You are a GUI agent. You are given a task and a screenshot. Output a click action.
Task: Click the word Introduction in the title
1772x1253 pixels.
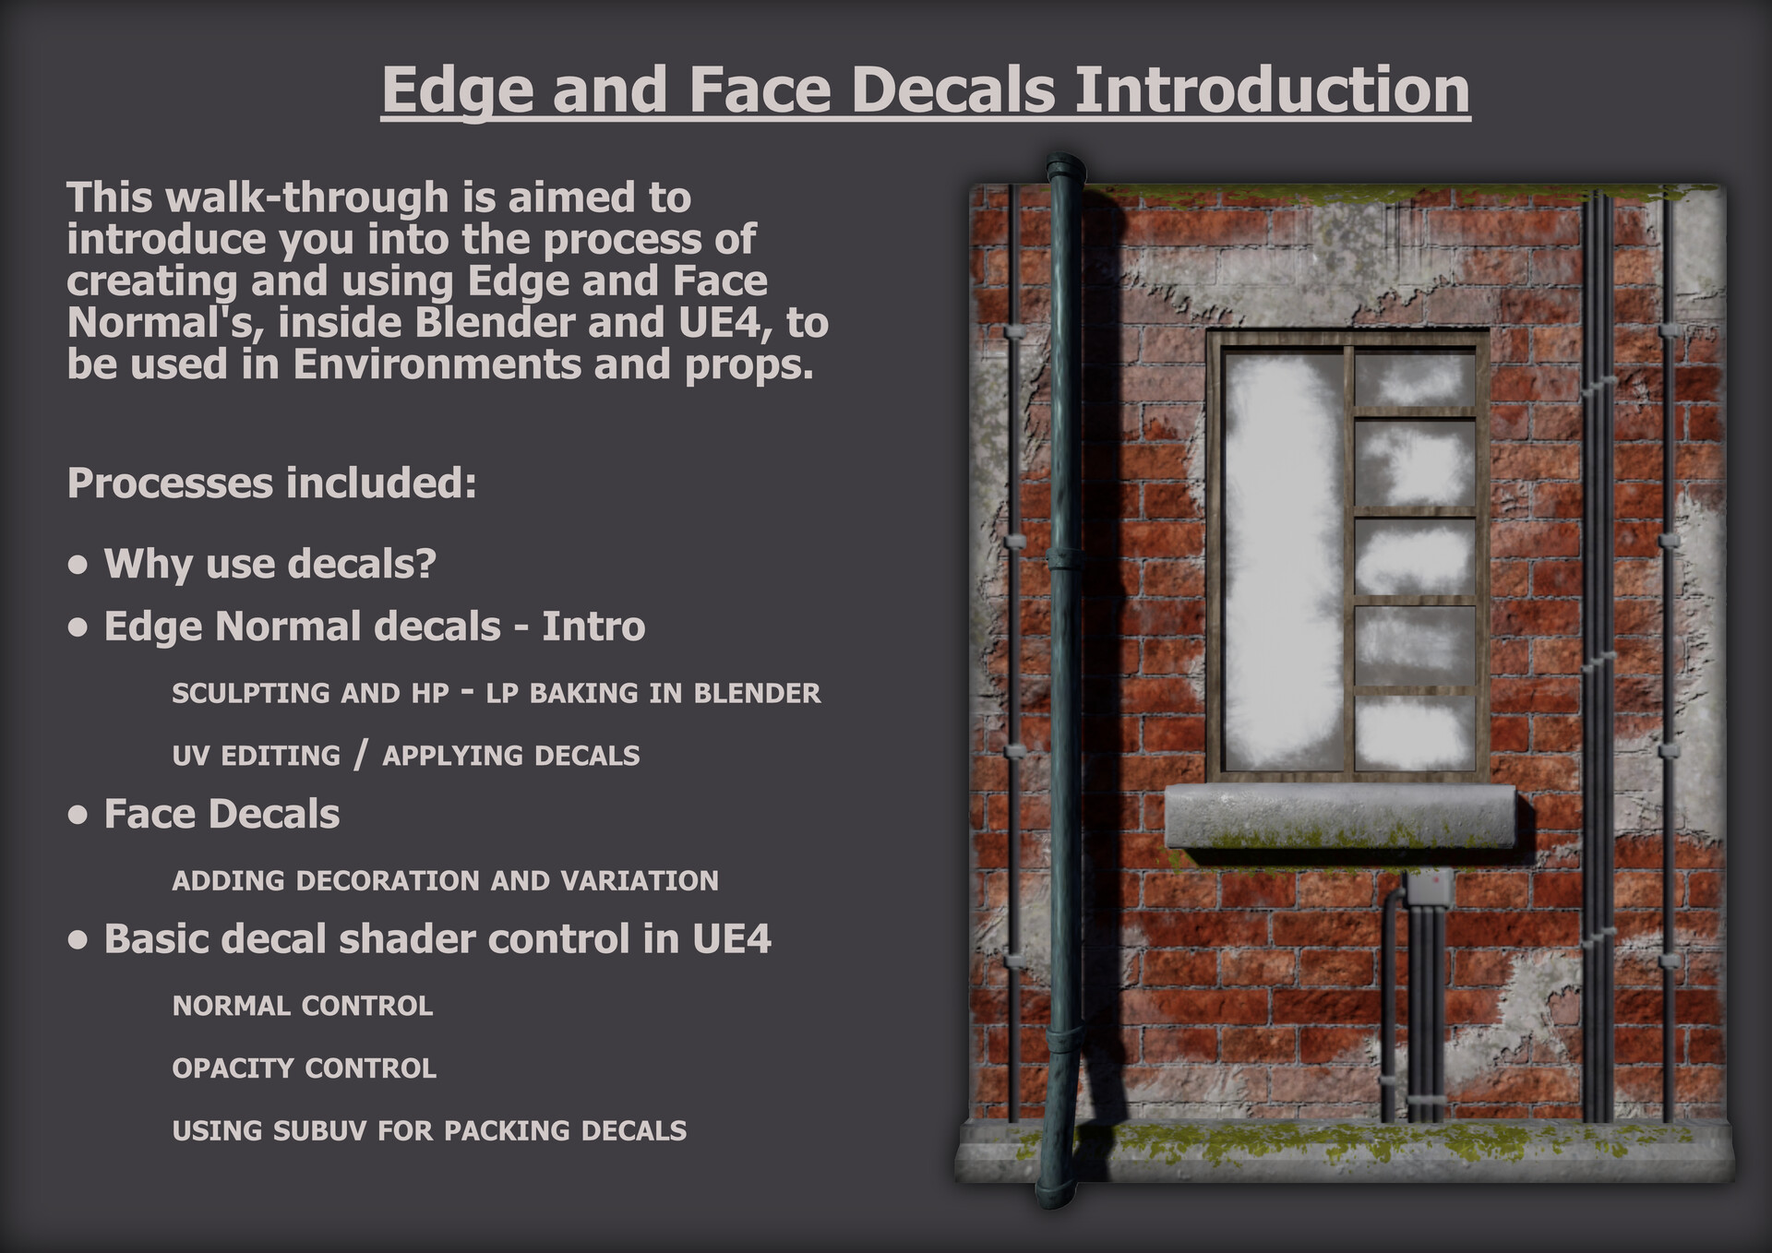coord(1272,90)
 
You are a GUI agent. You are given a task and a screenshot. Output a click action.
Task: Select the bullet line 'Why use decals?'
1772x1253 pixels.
coord(269,564)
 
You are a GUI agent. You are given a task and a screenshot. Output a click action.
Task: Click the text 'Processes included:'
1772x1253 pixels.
coord(271,483)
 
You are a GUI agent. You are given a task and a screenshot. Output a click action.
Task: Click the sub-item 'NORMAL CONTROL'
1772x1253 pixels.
coord(303,1006)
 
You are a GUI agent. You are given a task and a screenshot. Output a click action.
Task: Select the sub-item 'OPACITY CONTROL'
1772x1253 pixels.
coord(304,1068)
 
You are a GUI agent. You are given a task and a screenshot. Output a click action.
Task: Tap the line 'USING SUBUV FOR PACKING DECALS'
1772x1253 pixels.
coord(429,1131)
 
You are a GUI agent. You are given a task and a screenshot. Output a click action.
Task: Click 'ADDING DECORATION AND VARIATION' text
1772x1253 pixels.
coord(445,881)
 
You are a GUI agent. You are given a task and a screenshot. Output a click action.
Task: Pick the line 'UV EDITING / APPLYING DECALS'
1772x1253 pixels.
coord(405,756)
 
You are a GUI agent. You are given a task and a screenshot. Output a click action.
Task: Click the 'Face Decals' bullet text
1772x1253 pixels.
coord(221,815)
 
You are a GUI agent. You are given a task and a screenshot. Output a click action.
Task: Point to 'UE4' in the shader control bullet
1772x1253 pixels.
coord(731,939)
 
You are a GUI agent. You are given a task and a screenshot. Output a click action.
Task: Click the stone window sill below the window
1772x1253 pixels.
coord(1339,816)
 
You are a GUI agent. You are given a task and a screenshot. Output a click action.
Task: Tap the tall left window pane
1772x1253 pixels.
coord(1283,561)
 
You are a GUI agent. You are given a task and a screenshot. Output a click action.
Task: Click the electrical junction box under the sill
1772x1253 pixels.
coord(1429,887)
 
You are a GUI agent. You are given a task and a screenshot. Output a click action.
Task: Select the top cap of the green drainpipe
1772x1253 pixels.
coord(1065,169)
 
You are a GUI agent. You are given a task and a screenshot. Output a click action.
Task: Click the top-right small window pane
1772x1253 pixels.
coord(1414,378)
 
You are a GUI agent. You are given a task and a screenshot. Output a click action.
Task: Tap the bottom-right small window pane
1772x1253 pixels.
coord(1414,733)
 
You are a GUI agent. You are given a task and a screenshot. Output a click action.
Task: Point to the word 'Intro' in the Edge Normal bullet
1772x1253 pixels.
coord(593,626)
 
